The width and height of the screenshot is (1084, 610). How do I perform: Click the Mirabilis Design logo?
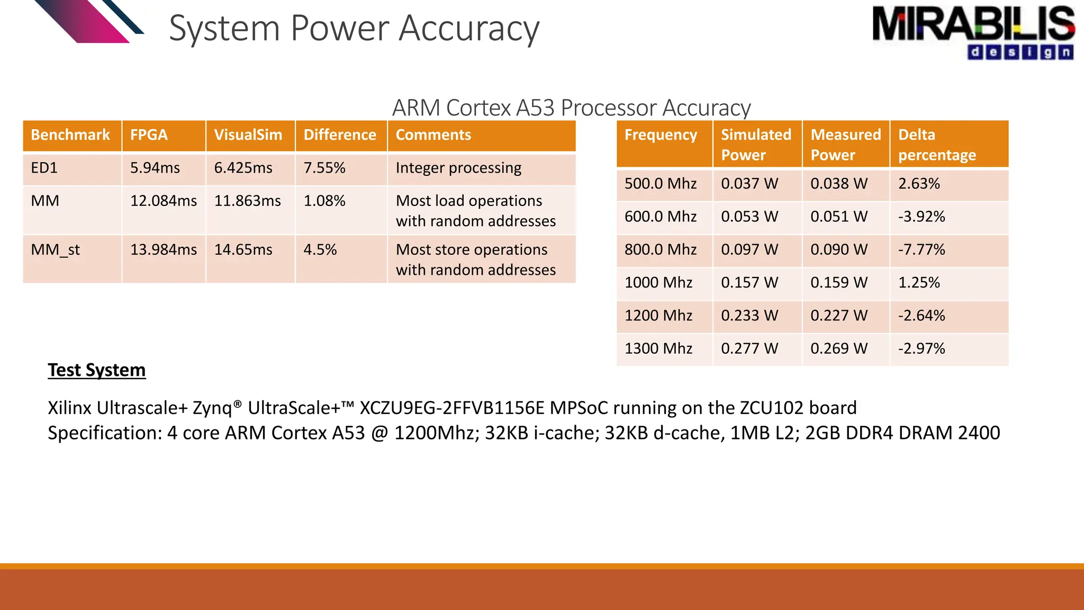pyautogui.click(x=973, y=32)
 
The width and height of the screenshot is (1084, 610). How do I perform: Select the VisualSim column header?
pyautogui.click(x=248, y=135)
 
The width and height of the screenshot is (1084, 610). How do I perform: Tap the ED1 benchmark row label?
pyautogui.click(x=44, y=168)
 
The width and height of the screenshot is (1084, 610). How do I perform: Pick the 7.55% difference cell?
pyautogui.click(x=324, y=168)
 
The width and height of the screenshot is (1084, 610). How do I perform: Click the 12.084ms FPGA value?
pyautogui.click(x=163, y=201)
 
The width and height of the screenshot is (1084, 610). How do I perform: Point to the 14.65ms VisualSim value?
pyautogui.click(x=243, y=249)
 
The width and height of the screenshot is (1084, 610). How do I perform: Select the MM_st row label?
pyautogui.click(x=55, y=249)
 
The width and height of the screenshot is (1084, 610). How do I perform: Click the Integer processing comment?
pyautogui.click(x=458, y=168)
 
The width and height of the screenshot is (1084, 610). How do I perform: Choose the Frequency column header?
pyautogui.click(x=661, y=135)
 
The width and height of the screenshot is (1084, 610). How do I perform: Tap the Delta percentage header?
pyautogui.click(x=937, y=145)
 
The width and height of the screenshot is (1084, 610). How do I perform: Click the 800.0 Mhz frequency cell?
pyautogui.click(x=660, y=249)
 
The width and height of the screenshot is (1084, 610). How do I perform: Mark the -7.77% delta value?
pyautogui.click(x=921, y=249)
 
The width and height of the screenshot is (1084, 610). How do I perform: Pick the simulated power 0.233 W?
pyautogui.click(x=749, y=316)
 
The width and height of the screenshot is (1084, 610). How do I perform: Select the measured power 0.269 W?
pyautogui.click(x=838, y=348)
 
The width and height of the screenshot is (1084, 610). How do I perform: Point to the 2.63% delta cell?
pyautogui.click(x=919, y=184)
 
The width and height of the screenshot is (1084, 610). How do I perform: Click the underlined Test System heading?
pyautogui.click(x=96, y=370)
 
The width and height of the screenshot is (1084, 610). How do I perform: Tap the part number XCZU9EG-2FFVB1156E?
pyautogui.click(x=451, y=408)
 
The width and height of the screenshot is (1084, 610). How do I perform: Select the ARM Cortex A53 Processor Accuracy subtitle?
pyautogui.click(x=571, y=107)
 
